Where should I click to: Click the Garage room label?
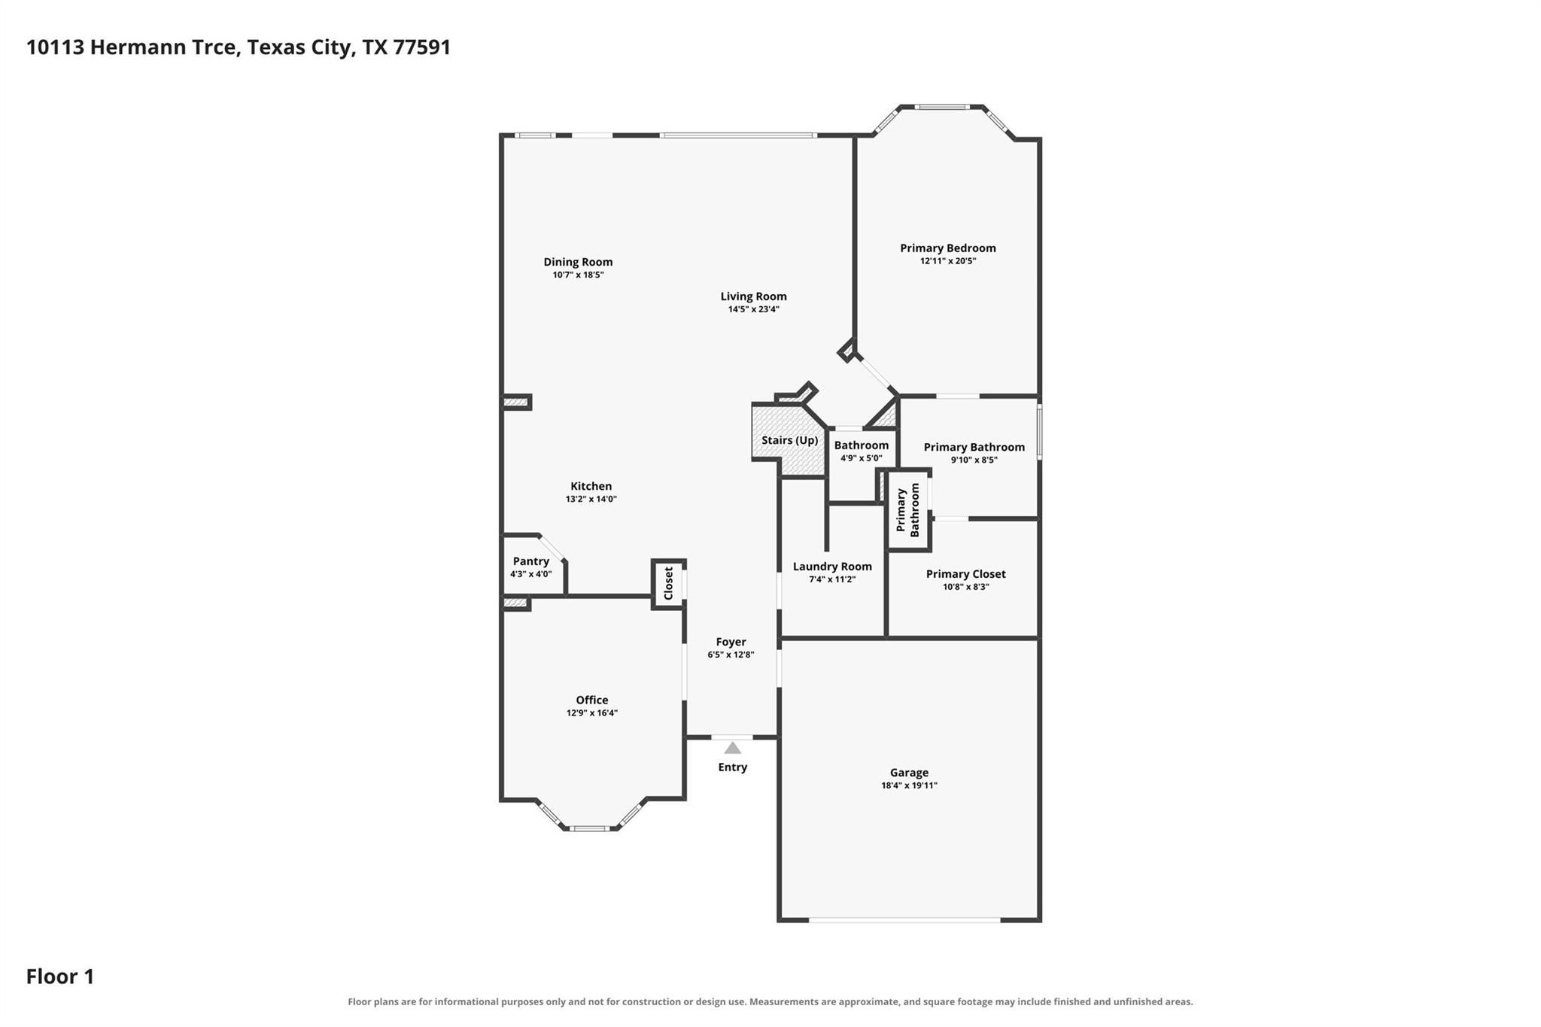tap(909, 773)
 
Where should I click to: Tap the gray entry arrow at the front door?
tap(732, 748)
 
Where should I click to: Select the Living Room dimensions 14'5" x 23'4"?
tap(753, 309)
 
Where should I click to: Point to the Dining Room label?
tap(578, 262)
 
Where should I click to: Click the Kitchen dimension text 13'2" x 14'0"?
tap(591, 499)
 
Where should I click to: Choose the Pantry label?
tap(531, 561)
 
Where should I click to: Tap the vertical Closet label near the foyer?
tap(668, 583)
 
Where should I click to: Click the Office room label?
tap(592, 700)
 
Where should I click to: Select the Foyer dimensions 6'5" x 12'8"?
tap(731, 655)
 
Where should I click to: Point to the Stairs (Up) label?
tap(789, 440)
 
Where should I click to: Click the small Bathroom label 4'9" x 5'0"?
tap(862, 445)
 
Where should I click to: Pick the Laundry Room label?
tap(832, 567)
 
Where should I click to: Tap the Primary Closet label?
tap(965, 574)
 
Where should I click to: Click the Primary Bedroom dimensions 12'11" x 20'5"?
tap(948, 261)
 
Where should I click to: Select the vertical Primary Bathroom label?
tap(908, 510)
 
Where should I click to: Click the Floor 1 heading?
tap(60, 977)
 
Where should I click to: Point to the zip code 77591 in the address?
tap(421, 47)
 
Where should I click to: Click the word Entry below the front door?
tap(732, 767)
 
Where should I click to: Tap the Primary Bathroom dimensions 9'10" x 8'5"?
tap(974, 460)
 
